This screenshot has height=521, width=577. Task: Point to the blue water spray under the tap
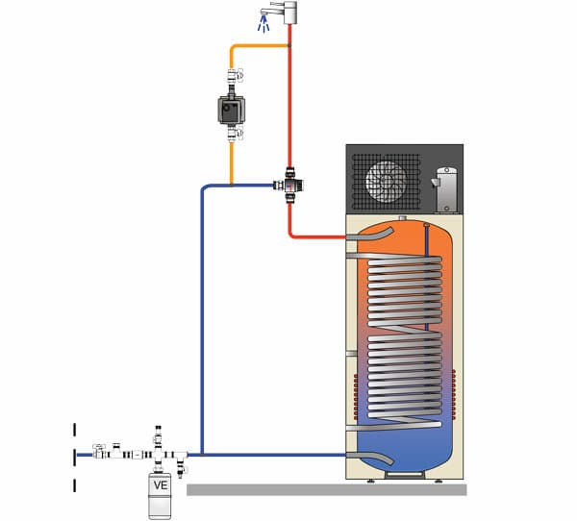coord(263,24)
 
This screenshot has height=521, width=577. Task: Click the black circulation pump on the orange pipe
coord(231,110)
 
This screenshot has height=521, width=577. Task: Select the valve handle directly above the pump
coord(240,75)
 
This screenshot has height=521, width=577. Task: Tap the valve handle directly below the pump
coord(240,134)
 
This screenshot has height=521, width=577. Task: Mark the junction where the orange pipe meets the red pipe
coord(289,45)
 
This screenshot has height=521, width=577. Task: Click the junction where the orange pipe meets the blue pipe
coord(231,186)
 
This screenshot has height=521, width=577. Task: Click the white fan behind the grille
coord(386,182)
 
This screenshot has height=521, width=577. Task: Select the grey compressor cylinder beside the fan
coord(446,190)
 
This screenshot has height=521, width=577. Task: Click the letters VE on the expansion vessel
coord(161,485)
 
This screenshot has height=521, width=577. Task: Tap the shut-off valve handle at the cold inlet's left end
coord(99,446)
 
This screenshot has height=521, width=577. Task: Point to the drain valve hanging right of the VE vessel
coord(181,465)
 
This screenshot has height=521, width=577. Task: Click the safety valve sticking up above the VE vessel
coord(158,437)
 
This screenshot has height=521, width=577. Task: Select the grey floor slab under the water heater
coord(327,489)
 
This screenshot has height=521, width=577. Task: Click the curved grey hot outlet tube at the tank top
coord(370,235)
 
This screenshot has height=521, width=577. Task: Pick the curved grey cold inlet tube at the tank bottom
coord(370,458)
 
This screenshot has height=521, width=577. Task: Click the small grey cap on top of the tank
coord(403,218)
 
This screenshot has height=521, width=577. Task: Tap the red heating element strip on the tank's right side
coord(454,395)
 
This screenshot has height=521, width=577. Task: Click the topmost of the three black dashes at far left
coord(75,430)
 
